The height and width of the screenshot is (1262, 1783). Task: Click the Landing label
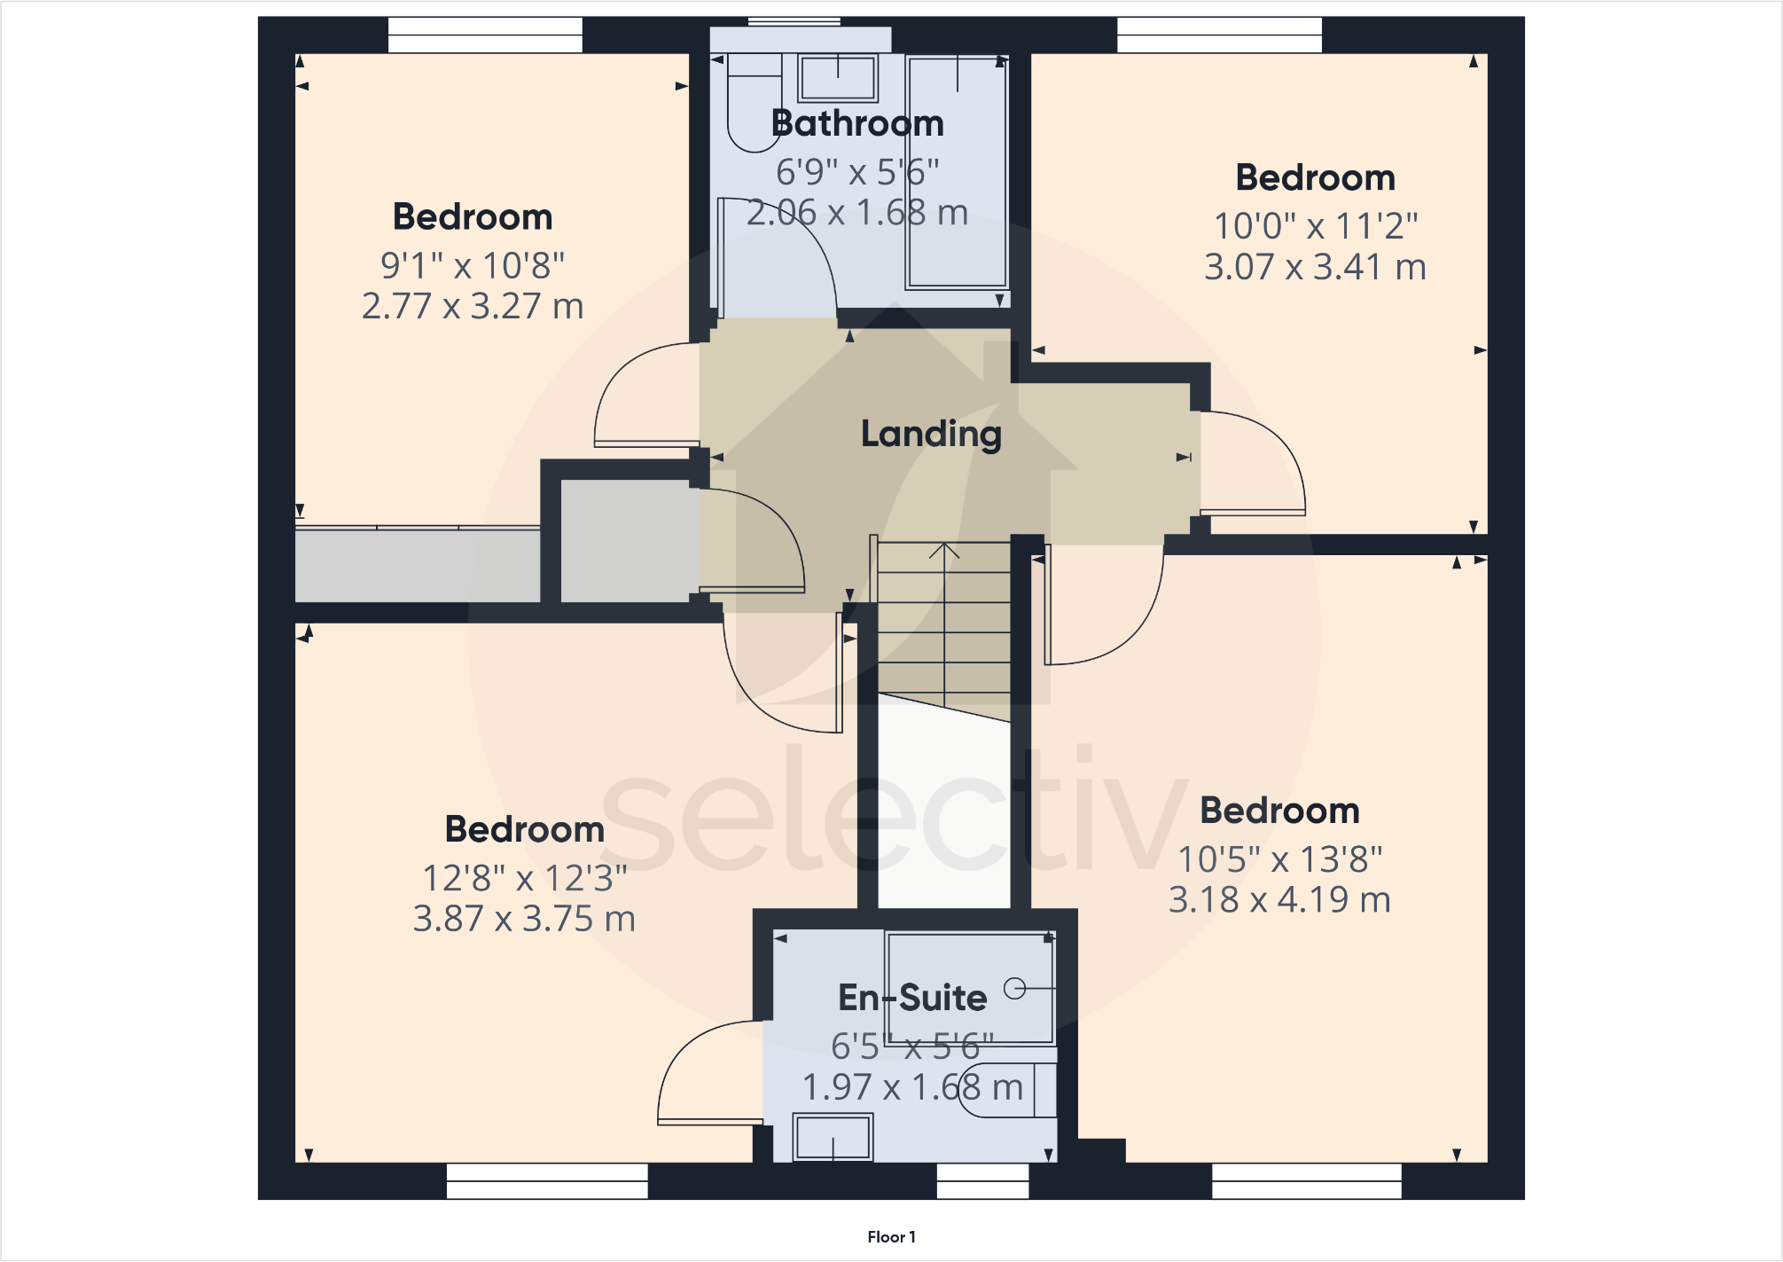pos(931,434)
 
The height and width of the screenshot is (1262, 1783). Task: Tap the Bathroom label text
pos(857,123)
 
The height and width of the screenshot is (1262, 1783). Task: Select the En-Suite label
pos(912,998)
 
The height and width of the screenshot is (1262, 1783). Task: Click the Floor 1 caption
pos(891,1236)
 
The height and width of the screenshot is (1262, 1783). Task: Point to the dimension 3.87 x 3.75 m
pos(524,919)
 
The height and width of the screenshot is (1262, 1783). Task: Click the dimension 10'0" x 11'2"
pos(1315,226)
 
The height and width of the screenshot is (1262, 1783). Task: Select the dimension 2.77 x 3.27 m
pos(473,306)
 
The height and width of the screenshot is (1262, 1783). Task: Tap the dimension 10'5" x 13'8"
pos(1279,858)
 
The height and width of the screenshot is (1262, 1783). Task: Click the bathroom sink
pos(838,78)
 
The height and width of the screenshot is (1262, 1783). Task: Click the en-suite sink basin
pos(832,1137)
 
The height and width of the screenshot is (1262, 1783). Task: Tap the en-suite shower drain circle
pos(1014,988)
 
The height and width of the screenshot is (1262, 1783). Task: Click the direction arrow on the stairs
pos(944,552)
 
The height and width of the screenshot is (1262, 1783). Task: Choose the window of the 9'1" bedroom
pos(485,35)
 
